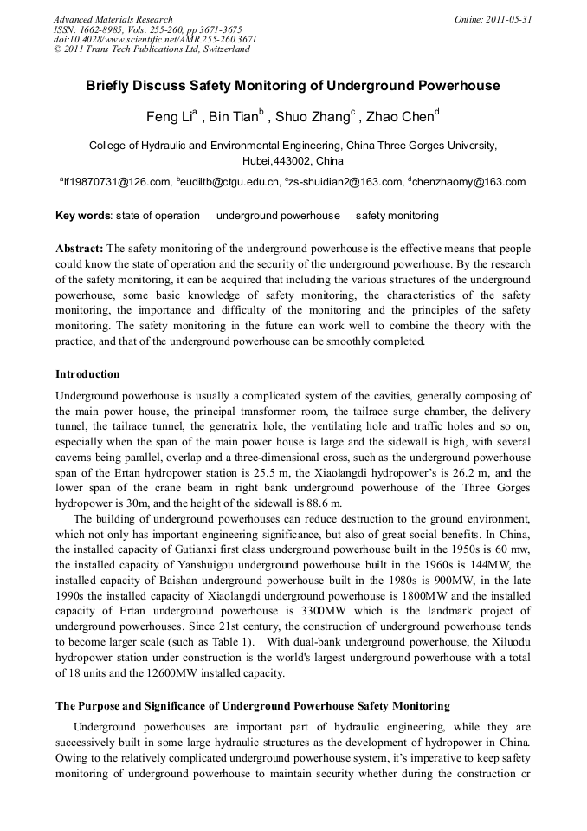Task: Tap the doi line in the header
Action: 155,39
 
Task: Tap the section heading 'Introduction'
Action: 87,374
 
